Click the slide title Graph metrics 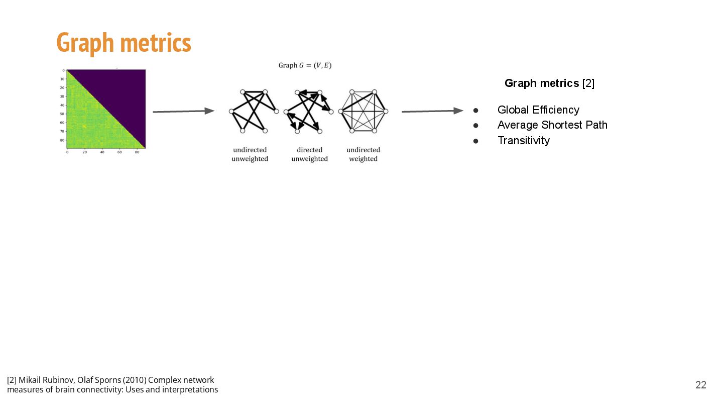point(124,43)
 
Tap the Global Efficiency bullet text point(538,110)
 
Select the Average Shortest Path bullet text point(552,125)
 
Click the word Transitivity point(523,141)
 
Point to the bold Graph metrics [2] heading point(549,83)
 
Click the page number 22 point(700,385)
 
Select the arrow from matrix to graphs point(183,112)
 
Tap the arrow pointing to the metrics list point(432,111)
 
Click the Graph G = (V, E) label point(305,65)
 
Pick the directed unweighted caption point(309,154)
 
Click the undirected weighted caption point(363,154)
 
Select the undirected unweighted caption point(250,154)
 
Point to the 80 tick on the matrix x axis point(137,152)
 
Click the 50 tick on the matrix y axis point(62,114)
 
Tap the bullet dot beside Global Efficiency point(475,111)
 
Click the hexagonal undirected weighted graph point(363,111)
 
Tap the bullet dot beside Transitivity point(475,141)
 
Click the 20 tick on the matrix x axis point(84,152)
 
